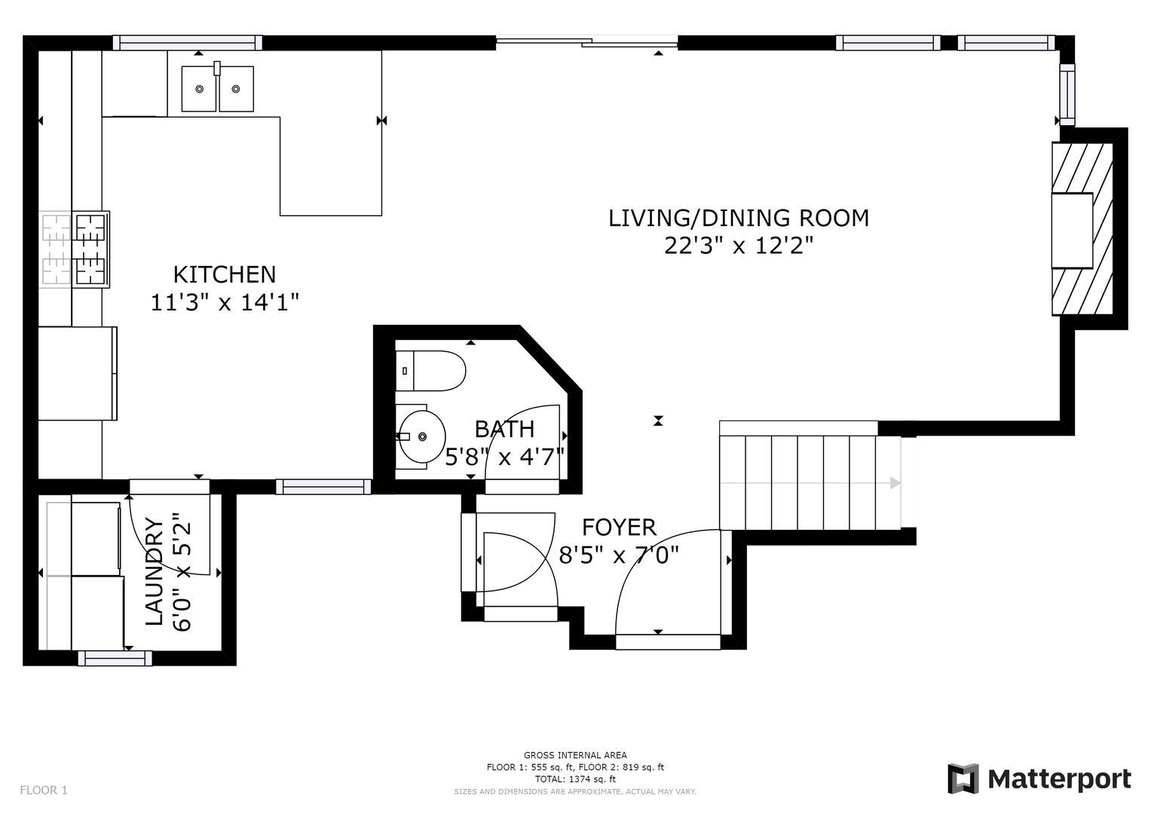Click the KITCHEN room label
pyautogui.click(x=225, y=275)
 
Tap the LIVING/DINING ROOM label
pyautogui.click(x=739, y=219)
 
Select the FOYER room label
pyautogui.click(x=619, y=528)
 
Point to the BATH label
pyautogui.click(x=504, y=429)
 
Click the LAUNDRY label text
pyautogui.click(x=155, y=571)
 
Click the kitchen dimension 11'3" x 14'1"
pyautogui.click(x=225, y=303)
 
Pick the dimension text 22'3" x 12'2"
pyautogui.click(x=739, y=246)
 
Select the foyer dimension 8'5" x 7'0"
pyautogui.click(x=619, y=555)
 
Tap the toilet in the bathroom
pyautogui.click(x=430, y=371)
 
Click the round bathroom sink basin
pyautogui.click(x=422, y=437)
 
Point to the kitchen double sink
pyautogui.click(x=217, y=88)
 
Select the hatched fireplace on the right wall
pyautogui.click(x=1082, y=228)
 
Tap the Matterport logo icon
pyautogui.click(x=963, y=779)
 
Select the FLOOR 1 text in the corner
pyautogui.click(x=44, y=791)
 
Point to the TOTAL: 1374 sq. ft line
pyautogui.click(x=575, y=779)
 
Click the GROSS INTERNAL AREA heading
pyautogui.click(x=575, y=755)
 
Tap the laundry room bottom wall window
pyautogui.click(x=115, y=658)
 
